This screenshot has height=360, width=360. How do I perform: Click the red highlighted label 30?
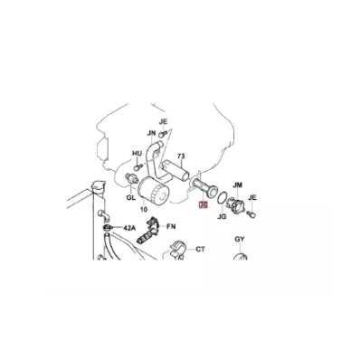203,205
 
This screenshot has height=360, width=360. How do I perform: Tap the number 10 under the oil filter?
144,209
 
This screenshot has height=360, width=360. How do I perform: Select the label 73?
181,156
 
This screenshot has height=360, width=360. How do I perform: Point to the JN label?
151,133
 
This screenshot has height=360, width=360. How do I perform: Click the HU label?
137,154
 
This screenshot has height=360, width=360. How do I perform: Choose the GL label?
131,196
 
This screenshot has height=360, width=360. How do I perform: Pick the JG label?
222,216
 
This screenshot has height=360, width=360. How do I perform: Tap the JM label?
238,185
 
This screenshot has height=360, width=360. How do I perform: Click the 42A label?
129,228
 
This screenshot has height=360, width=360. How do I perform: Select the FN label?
171,226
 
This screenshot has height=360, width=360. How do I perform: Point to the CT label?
201,250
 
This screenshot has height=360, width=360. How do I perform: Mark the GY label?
240,240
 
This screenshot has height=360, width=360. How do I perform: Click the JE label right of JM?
252,198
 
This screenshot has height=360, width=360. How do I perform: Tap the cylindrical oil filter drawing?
153,192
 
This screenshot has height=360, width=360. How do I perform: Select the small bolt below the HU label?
137,166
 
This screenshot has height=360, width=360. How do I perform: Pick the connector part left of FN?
147,231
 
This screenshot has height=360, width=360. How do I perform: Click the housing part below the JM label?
236,206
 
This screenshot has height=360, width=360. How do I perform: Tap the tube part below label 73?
202,187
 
